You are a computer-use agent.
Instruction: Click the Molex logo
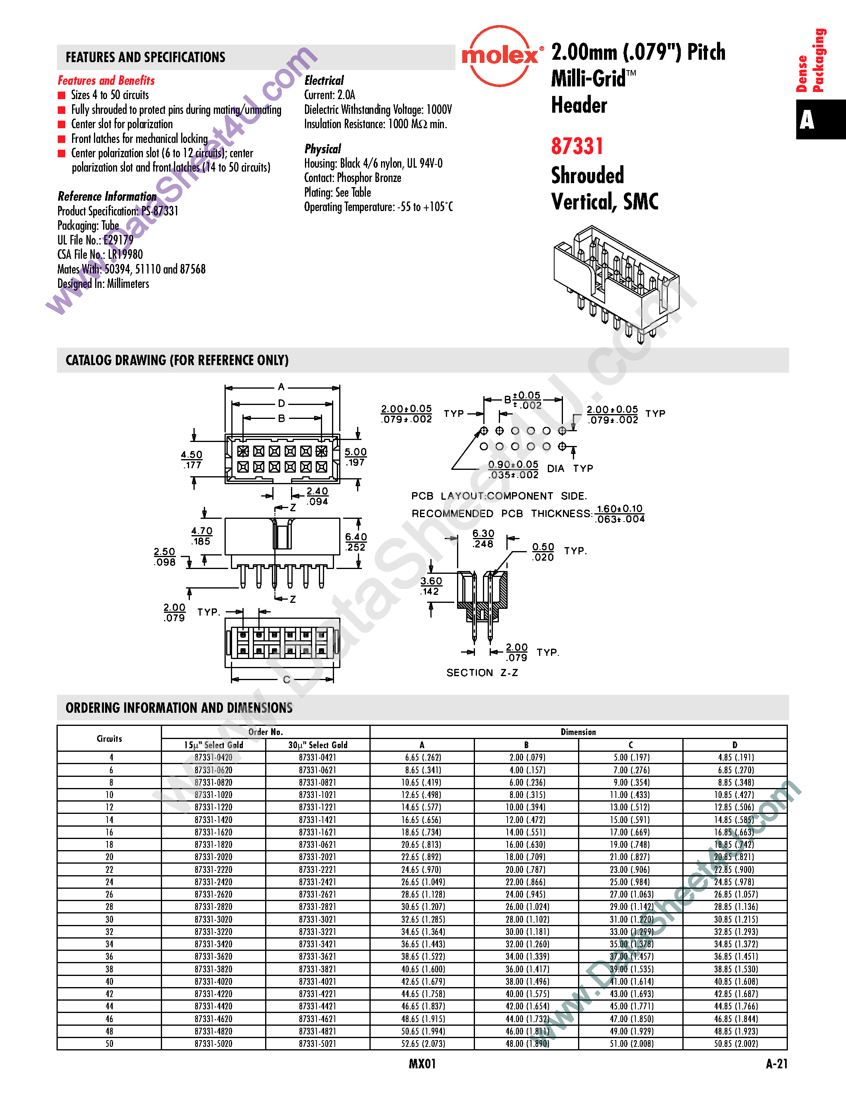pos(500,56)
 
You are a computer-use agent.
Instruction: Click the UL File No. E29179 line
pos(95,240)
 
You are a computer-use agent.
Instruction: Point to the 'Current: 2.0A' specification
pos(329,95)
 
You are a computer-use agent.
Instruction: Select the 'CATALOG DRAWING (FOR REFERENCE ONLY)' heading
pos(177,360)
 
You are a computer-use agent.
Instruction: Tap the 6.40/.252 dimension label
pos(356,542)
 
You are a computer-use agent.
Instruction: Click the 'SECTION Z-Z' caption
pos(482,673)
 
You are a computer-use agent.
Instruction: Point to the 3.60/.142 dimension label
pos(431,586)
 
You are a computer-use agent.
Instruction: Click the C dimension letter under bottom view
pos(286,680)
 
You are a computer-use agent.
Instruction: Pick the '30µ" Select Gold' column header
pos(318,745)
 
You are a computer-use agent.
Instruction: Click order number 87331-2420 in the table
pos(213,882)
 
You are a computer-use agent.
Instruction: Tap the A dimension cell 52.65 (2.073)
pos(422,1043)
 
